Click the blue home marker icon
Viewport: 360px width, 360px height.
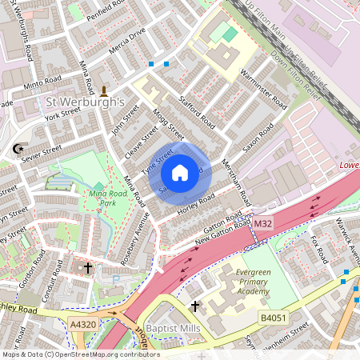coord(180,172)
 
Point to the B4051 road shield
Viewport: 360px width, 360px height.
coord(273,318)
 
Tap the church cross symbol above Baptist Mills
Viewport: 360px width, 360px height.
coord(194,306)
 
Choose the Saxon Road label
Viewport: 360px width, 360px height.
coord(258,142)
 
